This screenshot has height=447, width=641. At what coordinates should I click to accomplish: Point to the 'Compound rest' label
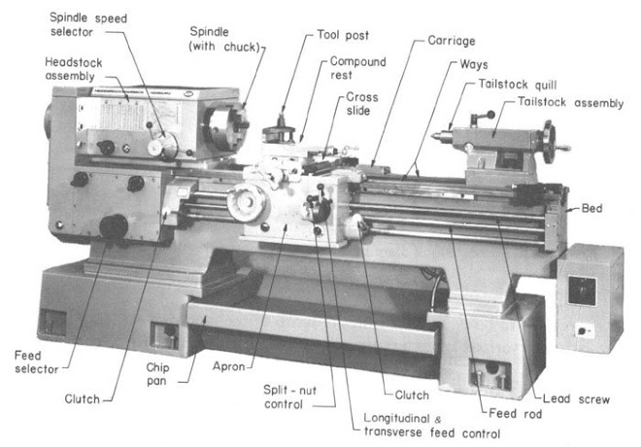(357, 68)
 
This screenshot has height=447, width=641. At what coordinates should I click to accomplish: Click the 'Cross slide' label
(363, 104)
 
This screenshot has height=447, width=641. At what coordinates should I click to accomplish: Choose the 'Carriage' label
(453, 44)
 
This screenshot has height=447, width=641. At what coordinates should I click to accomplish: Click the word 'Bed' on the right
(592, 208)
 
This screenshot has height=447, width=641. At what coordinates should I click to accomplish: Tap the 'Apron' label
(231, 367)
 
